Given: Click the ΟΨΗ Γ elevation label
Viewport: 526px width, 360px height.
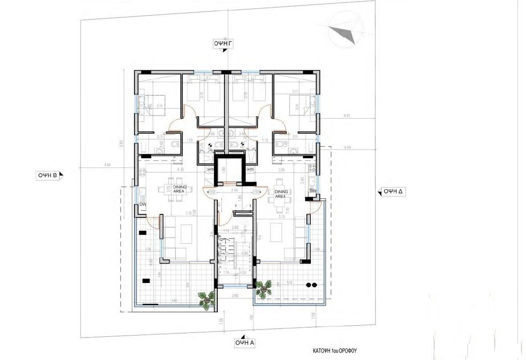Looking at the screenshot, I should tap(225, 43).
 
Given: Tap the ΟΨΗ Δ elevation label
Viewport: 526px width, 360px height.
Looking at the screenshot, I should tap(393, 191).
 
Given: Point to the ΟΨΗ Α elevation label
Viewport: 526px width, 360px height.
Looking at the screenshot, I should tap(245, 342).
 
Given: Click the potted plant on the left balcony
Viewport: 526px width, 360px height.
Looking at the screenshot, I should tap(206, 299).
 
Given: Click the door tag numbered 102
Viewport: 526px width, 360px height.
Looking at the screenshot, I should tap(212, 192).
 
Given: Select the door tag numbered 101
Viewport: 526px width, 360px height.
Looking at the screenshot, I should tap(256, 192).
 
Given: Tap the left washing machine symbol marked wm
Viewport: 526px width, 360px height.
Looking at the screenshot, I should tap(210, 170).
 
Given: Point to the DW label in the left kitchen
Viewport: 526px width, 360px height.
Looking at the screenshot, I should tap(143, 205).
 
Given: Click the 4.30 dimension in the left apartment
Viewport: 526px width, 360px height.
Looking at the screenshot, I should tap(180, 169).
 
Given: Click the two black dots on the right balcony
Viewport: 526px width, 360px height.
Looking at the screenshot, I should tap(312, 285).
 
